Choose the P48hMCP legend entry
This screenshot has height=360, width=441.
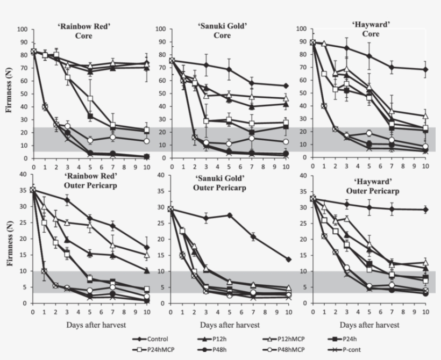[x=293, y=349]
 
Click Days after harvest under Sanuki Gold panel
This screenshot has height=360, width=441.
[x=230, y=325]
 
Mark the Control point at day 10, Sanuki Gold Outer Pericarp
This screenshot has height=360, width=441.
[x=288, y=260]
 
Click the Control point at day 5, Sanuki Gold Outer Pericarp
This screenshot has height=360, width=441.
[x=229, y=215]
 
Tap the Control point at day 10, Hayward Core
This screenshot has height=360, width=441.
[x=425, y=69]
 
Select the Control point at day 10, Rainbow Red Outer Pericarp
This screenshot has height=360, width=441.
[x=147, y=247]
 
